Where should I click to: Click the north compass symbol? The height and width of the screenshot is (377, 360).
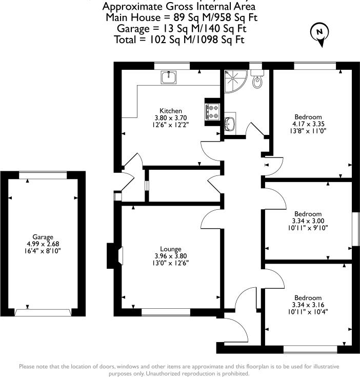(x=319, y=33)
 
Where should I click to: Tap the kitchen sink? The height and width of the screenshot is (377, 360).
(x=169, y=77)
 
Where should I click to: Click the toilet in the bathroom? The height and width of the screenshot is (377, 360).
(x=258, y=80)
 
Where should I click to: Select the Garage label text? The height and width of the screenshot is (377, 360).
(x=44, y=237)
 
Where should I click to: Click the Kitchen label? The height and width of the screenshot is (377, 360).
(x=171, y=111)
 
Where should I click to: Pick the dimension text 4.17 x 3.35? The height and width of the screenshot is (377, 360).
(x=309, y=123)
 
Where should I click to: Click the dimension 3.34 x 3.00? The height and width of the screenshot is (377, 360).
(x=308, y=221)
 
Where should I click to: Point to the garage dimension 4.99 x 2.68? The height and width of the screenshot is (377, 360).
(x=44, y=244)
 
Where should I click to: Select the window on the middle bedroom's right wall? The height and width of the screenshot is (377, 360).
(x=354, y=226)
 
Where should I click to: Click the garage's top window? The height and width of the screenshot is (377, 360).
(x=43, y=175)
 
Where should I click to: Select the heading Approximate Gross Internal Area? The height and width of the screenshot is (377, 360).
(x=179, y=7)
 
